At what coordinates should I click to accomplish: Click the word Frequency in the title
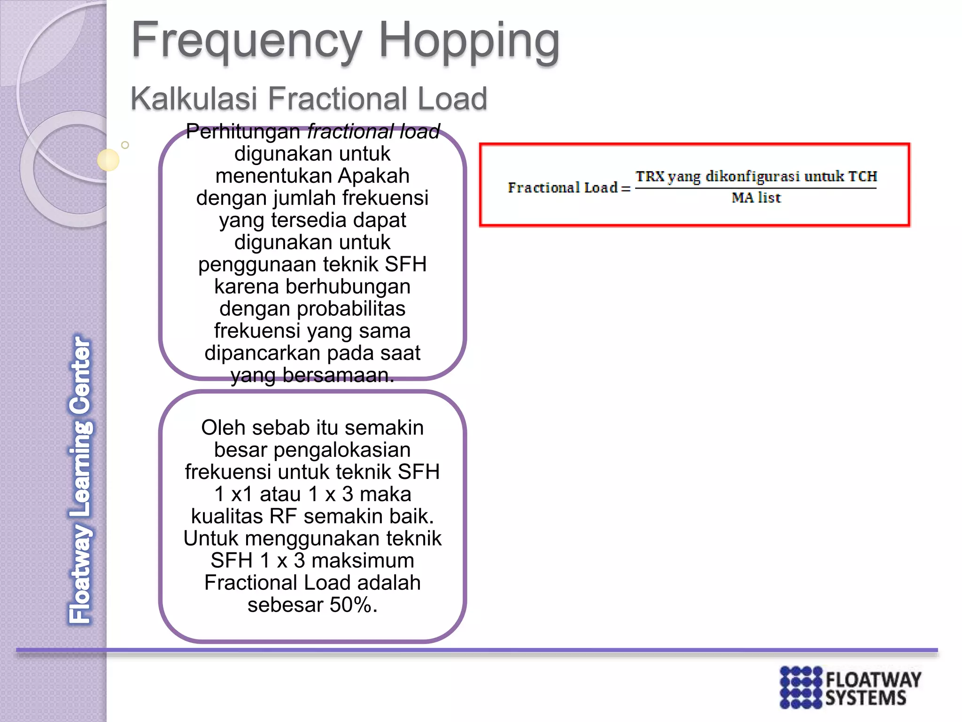tap(247, 41)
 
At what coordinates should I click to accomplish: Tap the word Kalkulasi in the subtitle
tap(194, 99)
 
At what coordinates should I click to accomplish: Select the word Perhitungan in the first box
tap(242, 132)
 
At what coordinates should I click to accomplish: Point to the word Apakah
tap(373, 176)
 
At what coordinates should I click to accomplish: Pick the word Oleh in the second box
tap(222, 428)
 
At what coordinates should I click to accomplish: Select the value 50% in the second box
tap(351, 605)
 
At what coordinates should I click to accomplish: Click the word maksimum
tap(363, 561)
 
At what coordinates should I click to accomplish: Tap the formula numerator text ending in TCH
tap(756, 177)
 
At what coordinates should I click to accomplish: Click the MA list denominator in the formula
tap(756, 198)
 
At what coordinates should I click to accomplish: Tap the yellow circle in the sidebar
tap(108, 160)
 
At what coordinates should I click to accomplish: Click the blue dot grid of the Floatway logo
tap(801, 687)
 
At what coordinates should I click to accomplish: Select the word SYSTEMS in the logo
tap(866, 698)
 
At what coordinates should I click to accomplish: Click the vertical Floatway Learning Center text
tap(80, 479)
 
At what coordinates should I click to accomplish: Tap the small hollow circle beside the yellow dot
tap(125, 145)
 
